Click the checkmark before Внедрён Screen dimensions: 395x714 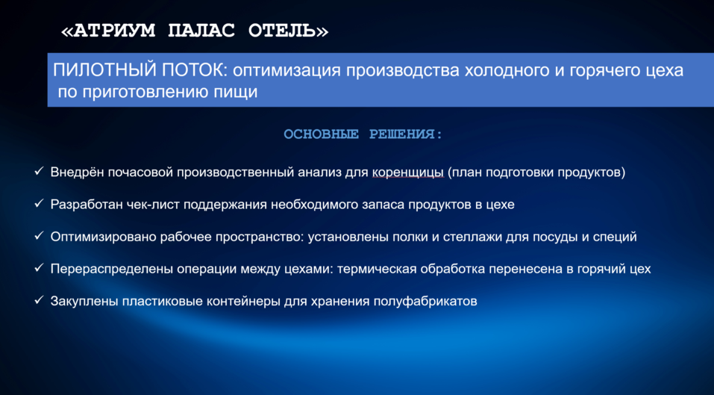tap(39, 172)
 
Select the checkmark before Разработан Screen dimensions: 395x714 tap(39, 204)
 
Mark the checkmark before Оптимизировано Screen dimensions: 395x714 tap(39, 236)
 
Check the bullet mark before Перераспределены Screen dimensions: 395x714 tap(39, 268)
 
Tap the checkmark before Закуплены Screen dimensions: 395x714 tap(39, 301)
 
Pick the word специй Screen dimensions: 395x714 tap(615, 237)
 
